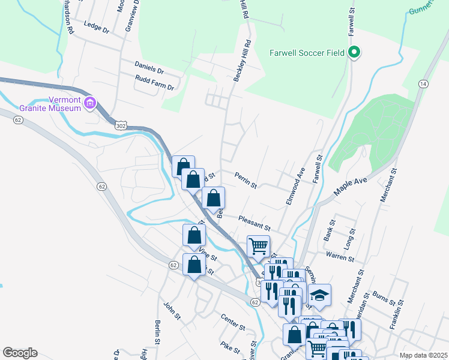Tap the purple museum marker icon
click(90, 103)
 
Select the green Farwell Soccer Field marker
click(354, 53)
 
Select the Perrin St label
click(246, 181)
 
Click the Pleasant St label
click(255, 223)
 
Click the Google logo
click(20, 353)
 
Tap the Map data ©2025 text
click(423, 355)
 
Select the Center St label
click(233, 322)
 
